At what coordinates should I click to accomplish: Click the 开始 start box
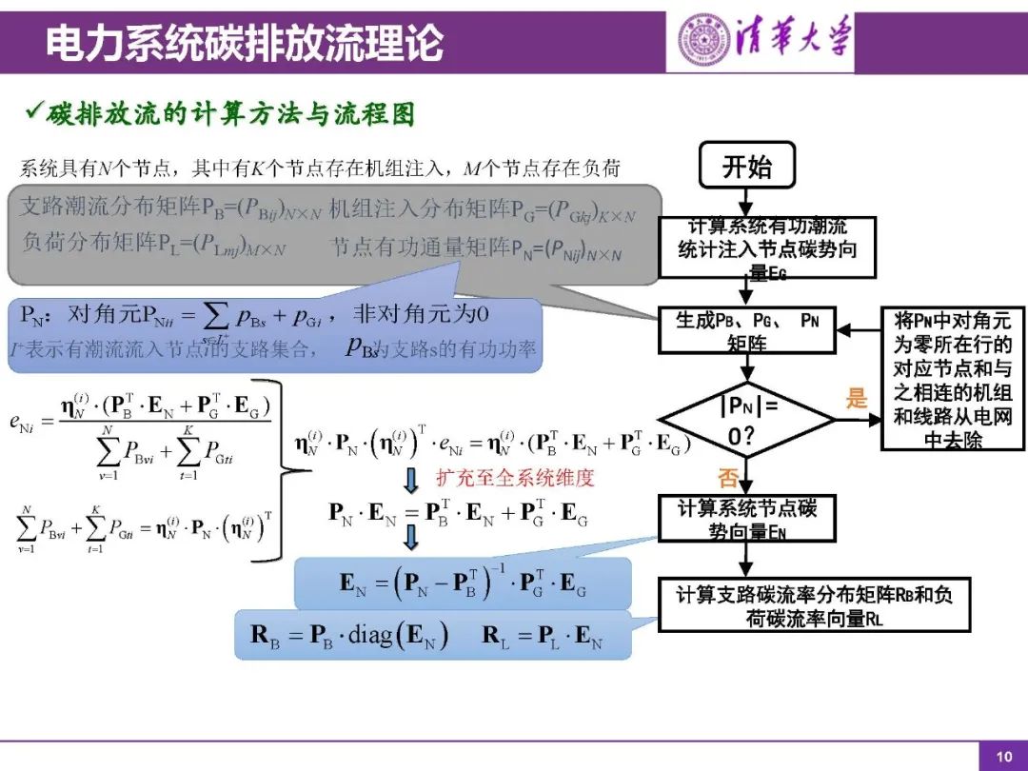[x=747, y=167]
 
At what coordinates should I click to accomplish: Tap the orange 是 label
[x=858, y=399]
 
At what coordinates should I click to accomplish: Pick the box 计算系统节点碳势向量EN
[x=747, y=520]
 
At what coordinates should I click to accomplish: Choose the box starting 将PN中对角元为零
[x=952, y=379]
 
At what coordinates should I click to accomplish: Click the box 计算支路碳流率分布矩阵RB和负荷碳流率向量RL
[x=814, y=606]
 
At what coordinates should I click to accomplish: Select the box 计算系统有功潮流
[x=766, y=247]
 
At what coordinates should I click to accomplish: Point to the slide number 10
[x=1004, y=757]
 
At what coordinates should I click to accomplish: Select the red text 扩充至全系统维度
[x=514, y=477]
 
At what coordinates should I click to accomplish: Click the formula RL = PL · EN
[x=543, y=636]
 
